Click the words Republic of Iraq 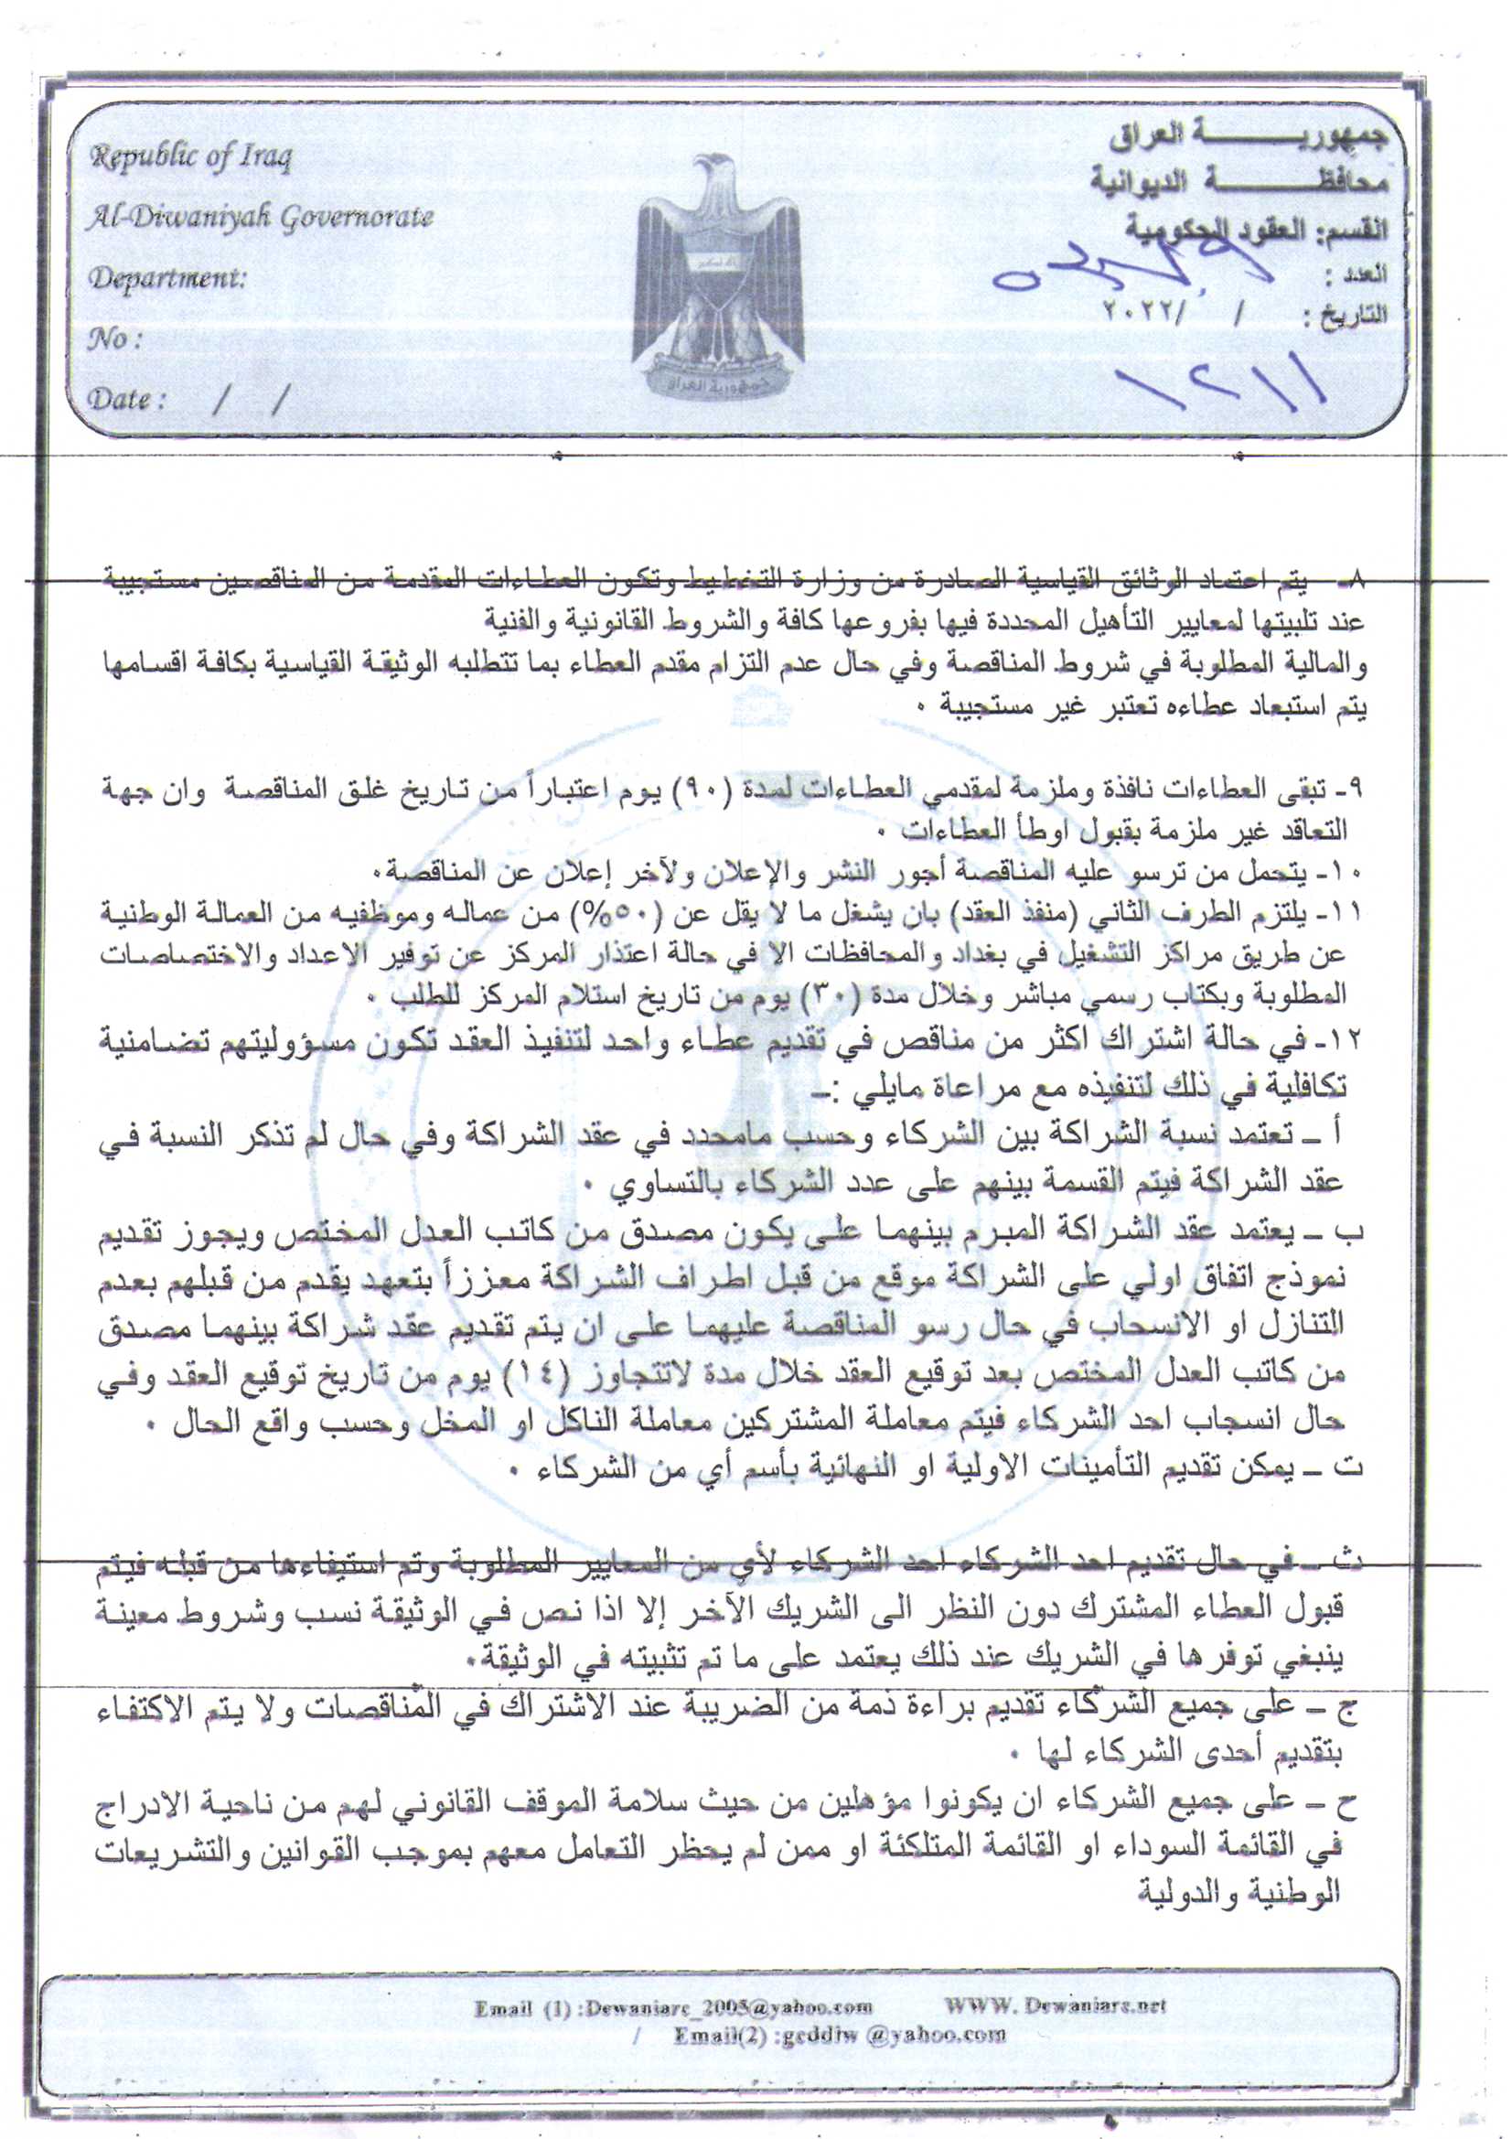190,156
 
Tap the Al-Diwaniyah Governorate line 259,217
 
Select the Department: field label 167,277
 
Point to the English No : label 114,339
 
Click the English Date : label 127,400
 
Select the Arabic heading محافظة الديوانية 1240,180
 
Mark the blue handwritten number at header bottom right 1221,382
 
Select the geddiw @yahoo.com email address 895,2034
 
